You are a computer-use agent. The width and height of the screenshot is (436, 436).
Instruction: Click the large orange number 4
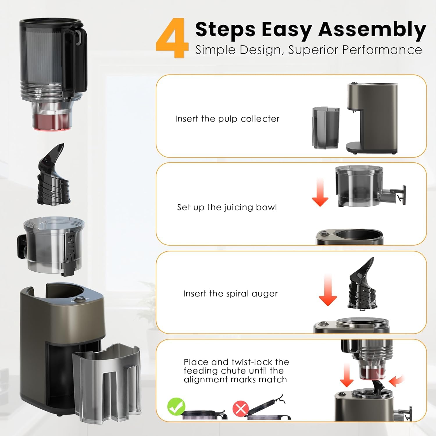pyautogui.click(x=173, y=38)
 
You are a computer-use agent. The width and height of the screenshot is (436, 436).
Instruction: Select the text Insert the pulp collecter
pyautogui.click(x=227, y=119)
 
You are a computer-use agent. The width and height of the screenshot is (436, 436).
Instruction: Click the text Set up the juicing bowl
pyautogui.click(x=227, y=207)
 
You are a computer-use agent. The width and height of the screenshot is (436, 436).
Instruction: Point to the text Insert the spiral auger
pyautogui.click(x=230, y=294)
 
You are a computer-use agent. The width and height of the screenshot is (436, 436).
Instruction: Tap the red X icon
pyautogui.click(x=241, y=408)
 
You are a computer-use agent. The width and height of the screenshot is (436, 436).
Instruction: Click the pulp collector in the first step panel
pyautogui.click(x=326, y=128)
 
